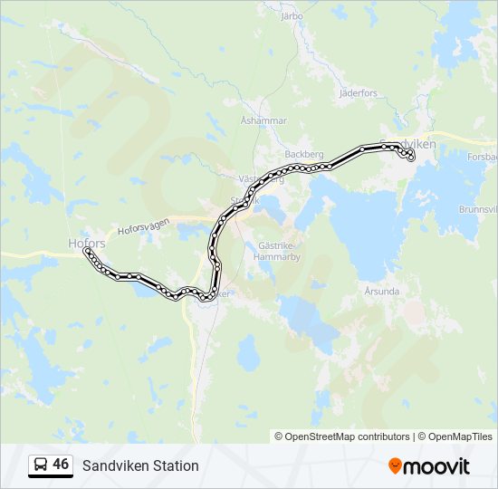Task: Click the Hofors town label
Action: [87, 243]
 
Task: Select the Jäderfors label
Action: [357, 93]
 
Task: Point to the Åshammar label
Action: [263, 120]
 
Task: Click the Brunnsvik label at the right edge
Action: [478, 208]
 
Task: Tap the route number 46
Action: [61, 465]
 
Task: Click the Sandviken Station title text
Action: [140, 466]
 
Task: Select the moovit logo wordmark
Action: [437, 466]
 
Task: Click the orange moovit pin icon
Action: [395, 465]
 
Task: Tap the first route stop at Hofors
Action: [87, 251]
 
